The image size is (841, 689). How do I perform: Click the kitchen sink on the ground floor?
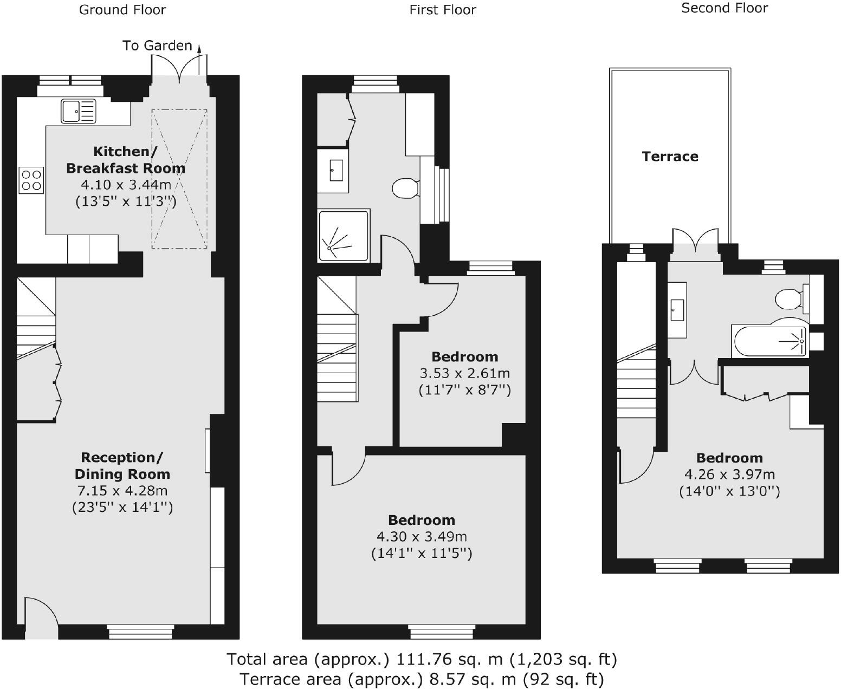(78, 111)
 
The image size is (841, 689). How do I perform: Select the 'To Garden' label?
(157, 45)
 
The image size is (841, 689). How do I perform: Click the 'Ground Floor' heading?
(122, 10)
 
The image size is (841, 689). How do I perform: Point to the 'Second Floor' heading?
(724, 8)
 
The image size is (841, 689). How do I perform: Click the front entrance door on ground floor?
(41, 617)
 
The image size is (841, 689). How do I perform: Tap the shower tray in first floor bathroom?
(344, 236)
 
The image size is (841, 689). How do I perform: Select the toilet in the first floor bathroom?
(405, 188)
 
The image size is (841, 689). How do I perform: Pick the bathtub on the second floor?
(769, 342)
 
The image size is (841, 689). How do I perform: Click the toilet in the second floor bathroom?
(789, 298)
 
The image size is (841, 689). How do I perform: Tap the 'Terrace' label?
(670, 157)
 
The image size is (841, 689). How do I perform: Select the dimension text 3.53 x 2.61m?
(464, 373)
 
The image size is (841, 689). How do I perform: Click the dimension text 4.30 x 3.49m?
(422, 537)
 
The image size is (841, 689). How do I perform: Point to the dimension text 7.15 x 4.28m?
(122, 491)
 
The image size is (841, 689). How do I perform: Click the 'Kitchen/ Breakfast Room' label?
(125, 160)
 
